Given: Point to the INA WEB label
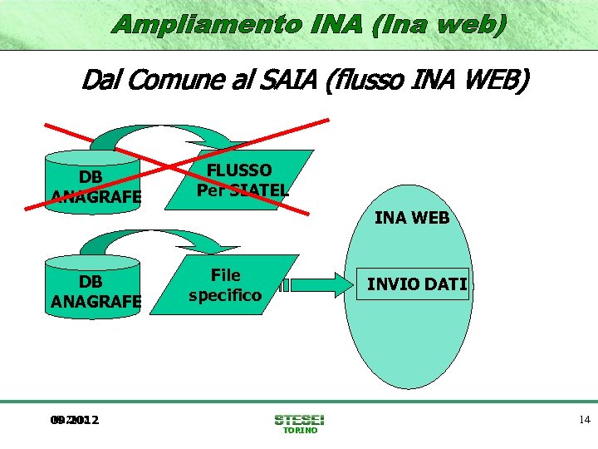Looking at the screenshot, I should [x=412, y=219].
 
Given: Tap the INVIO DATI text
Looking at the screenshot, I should [x=418, y=284].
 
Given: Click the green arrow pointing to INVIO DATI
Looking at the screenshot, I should [x=320, y=284].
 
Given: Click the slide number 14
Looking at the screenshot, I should [x=585, y=420].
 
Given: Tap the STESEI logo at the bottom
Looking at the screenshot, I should [x=300, y=419].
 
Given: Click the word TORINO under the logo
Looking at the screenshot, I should [x=300, y=431].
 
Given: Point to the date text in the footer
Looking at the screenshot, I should [x=74, y=420].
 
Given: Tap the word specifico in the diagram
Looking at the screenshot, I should [x=225, y=295].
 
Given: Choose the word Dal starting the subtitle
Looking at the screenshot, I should [x=99, y=81].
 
